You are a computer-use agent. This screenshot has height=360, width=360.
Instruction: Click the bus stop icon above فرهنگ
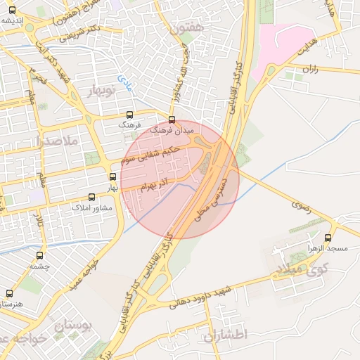[x=129, y=114]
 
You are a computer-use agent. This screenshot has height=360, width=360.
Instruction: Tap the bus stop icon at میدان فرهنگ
[x=172, y=119]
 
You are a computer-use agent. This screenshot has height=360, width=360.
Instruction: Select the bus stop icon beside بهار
[x=113, y=177]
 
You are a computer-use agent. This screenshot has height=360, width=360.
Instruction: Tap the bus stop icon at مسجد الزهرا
[x=328, y=238]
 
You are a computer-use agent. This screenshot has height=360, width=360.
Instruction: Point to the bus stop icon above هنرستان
[x=9, y=293]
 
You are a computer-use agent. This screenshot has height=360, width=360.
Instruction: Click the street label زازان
[x=310, y=69]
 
